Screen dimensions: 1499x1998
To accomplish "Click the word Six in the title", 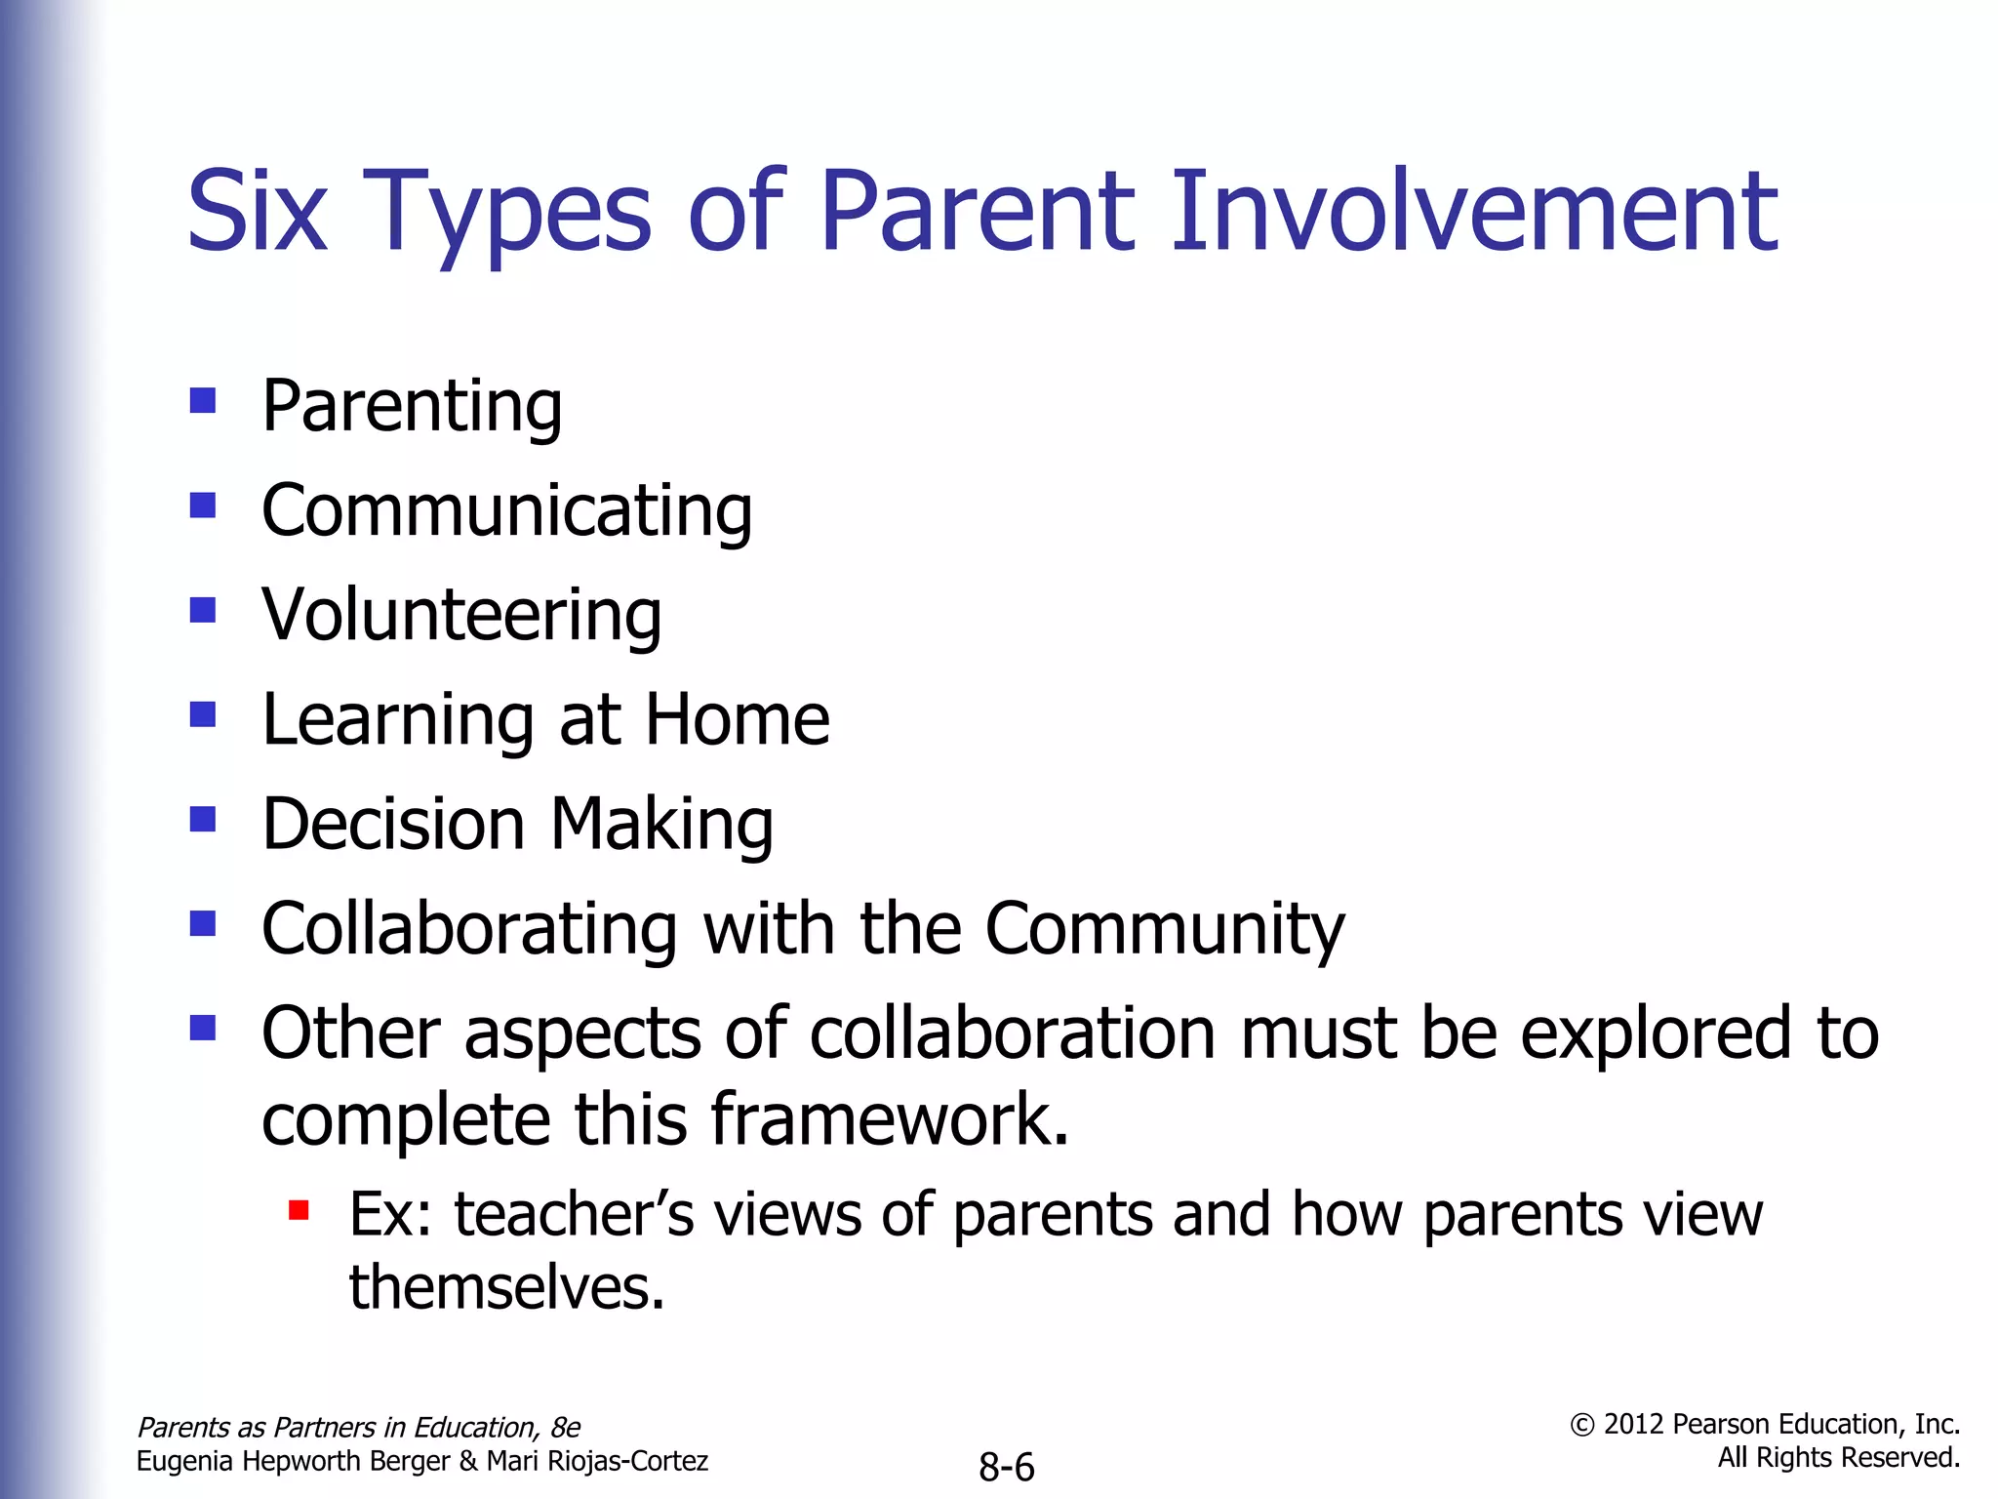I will coord(256,212).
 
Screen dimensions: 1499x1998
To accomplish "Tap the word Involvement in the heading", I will coord(1473,212).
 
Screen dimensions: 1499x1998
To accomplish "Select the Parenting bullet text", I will coord(412,406).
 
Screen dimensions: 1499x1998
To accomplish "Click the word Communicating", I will coord(506,510).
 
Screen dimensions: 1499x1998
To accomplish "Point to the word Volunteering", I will coord(461,615).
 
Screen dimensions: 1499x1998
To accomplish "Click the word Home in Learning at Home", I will coord(737,719).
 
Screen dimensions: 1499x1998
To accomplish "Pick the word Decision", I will coord(393,824).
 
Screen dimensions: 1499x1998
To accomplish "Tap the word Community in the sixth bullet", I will coord(1164,928).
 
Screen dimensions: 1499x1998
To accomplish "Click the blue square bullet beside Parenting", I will coord(203,400).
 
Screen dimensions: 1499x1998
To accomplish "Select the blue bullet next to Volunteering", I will coord(203,610).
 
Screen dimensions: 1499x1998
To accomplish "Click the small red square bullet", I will coord(299,1211).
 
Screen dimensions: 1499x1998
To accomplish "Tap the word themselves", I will coord(506,1287).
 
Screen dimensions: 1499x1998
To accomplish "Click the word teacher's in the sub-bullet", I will coord(574,1215).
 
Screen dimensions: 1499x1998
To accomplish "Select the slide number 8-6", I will coord(1006,1467).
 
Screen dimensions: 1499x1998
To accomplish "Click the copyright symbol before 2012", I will coord(1581,1426).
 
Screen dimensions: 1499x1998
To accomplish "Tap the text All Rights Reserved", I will coord(1838,1458).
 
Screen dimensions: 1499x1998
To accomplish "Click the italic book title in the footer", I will coord(358,1428).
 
